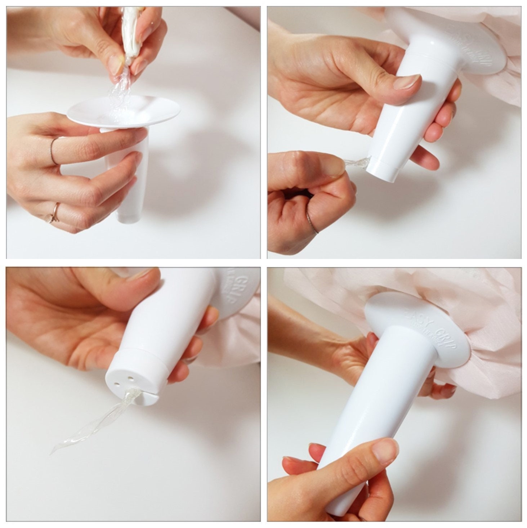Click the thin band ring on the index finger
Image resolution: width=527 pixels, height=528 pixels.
tap(54, 151)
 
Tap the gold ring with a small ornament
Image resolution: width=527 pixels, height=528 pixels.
tap(54, 212)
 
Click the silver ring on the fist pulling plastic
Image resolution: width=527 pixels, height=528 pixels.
tap(312, 223)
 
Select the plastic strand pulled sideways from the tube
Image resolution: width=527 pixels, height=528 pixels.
tap(355, 164)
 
